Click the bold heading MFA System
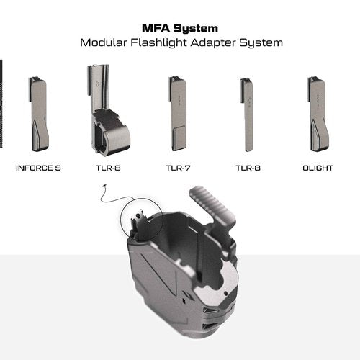point(180,28)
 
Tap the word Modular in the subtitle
point(104,42)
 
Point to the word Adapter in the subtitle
point(212,43)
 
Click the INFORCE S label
point(38,168)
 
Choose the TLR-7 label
point(178,168)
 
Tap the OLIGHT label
point(318,168)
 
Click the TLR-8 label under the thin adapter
point(248,168)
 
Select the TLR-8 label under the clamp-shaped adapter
point(108,168)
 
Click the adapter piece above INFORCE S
point(39,114)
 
